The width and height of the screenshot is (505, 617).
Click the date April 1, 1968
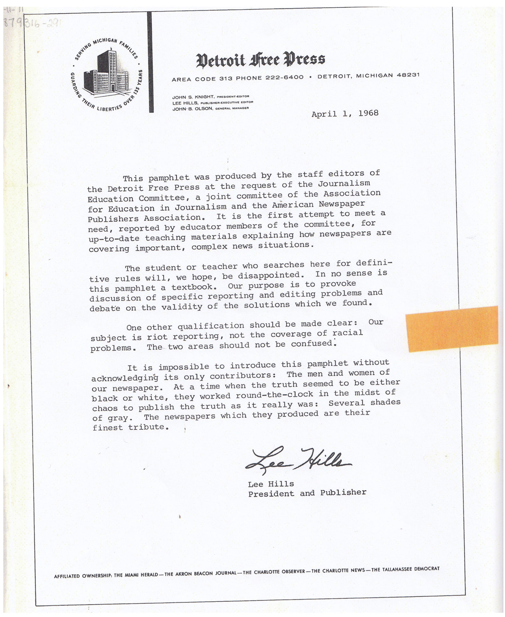345,114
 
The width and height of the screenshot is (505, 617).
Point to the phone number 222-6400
284,77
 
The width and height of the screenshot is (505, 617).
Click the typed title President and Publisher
307,493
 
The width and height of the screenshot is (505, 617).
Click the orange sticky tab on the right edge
452,328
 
